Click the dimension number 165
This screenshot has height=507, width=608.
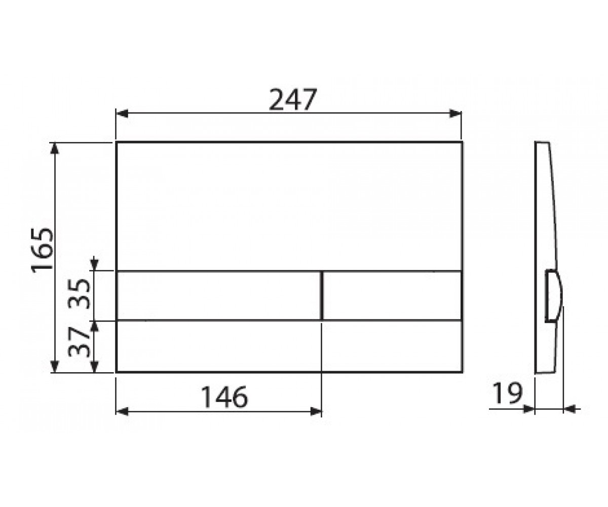[x=43, y=250]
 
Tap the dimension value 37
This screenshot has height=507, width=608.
[x=79, y=342]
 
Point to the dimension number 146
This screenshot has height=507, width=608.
[x=225, y=397]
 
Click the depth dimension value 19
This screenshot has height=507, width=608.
[x=507, y=393]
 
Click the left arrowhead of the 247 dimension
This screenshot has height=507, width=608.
[x=122, y=114]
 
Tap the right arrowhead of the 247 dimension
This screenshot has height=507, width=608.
[x=455, y=114]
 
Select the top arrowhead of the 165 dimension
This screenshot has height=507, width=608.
[x=55, y=149]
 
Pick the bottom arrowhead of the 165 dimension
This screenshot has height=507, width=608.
[x=55, y=367]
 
